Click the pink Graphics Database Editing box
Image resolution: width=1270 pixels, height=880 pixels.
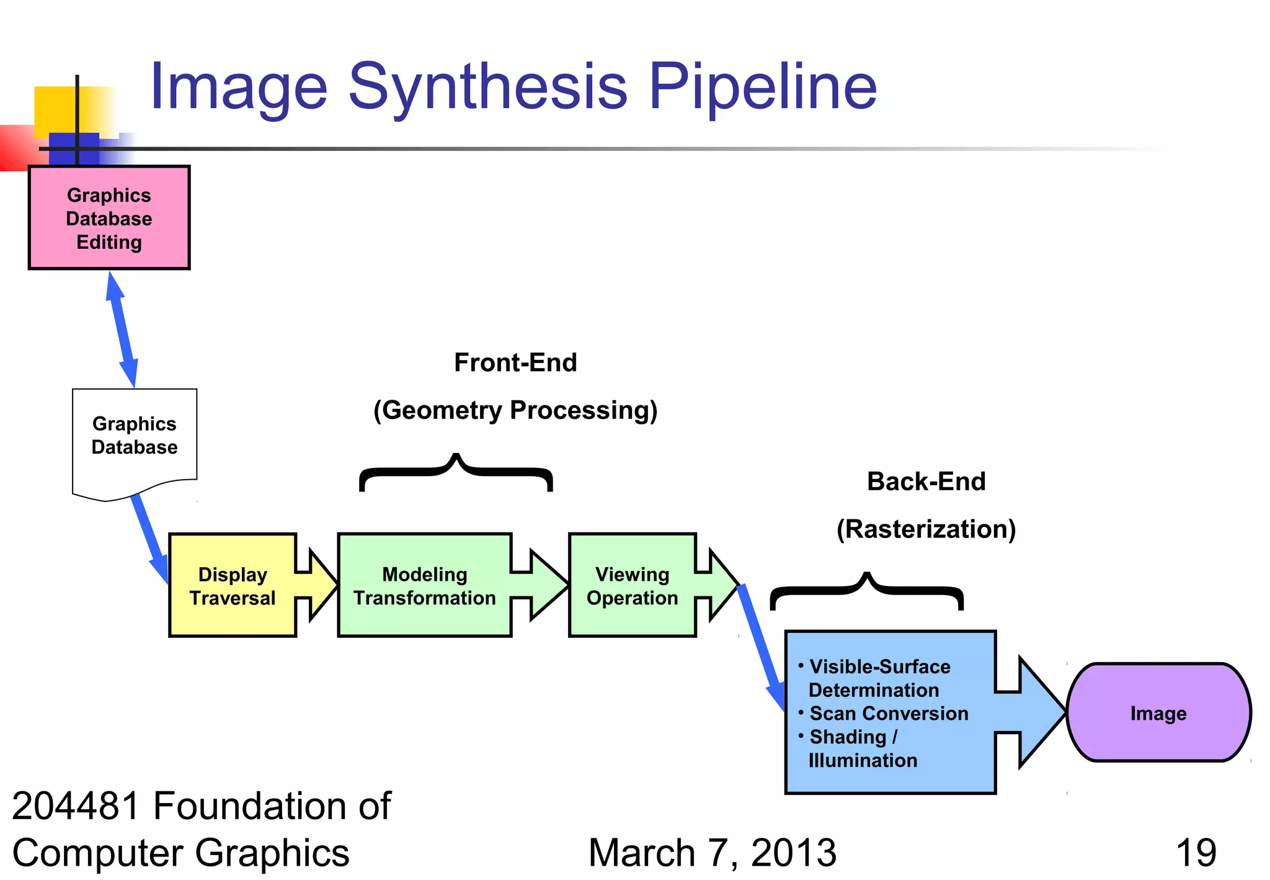[x=109, y=218]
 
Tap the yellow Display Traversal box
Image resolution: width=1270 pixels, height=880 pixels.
[x=233, y=585]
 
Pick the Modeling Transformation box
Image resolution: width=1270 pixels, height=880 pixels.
[x=425, y=585]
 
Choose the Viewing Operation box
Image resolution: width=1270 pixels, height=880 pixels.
[x=632, y=585]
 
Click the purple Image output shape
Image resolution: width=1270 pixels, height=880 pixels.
[x=1158, y=712]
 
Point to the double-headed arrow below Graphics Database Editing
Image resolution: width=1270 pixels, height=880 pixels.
[x=122, y=330]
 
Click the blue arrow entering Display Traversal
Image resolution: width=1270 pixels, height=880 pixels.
[x=149, y=537]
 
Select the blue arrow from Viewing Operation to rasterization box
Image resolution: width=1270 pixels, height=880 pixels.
[x=762, y=645]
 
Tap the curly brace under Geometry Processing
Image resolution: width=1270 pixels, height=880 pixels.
[x=456, y=472]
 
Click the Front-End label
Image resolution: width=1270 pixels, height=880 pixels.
[x=515, y=362]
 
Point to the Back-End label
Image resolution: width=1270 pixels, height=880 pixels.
[x=926, y=482]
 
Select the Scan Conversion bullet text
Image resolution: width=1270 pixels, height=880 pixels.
[x=889, y=714]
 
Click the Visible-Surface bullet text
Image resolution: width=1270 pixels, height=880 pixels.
[x=880, y=667]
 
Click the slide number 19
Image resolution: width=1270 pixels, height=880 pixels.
[x=1196, y=853]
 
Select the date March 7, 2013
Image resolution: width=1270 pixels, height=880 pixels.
[x=712, y=853]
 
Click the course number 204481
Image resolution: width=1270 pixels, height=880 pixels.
[x=76, y=806]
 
